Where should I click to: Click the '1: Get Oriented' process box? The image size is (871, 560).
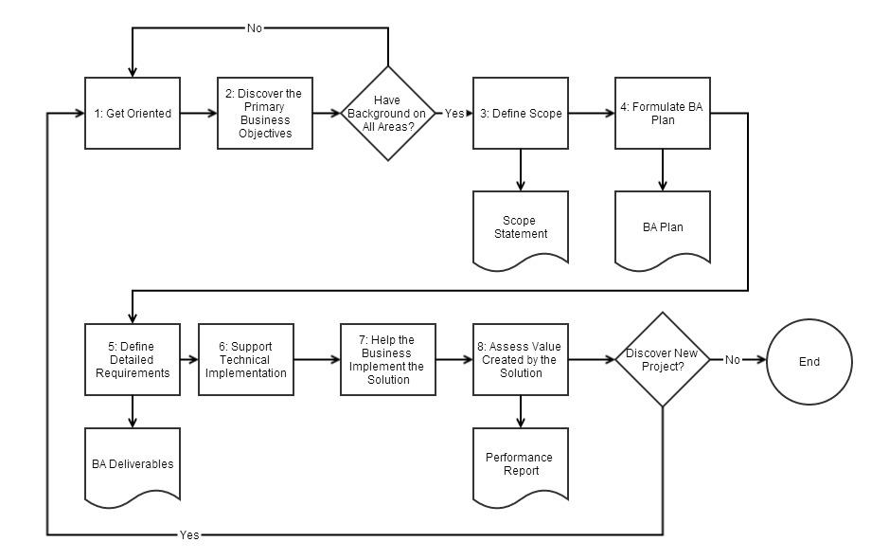tap(133, 114)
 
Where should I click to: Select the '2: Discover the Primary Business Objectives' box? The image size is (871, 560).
tap(265, 114)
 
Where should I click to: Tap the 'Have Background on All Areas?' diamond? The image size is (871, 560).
tap(388, 114)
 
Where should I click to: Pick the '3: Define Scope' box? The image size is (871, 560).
tap(521, 114)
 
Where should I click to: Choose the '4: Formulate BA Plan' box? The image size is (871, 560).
tap(663, 114)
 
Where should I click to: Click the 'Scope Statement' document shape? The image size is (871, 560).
tap(521, 226)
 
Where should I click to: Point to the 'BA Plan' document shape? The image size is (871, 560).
tap(663, 227)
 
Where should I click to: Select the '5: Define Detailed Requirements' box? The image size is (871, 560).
tap(133, 360)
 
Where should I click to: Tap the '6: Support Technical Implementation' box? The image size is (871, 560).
tap(246, 360)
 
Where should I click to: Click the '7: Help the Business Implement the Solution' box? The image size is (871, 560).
tap(388, 360)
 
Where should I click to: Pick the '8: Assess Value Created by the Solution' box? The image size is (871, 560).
tap(521, 360)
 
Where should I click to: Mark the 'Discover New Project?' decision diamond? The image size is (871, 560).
tap(662, 360)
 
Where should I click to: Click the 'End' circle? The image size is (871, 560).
tap(809, 361)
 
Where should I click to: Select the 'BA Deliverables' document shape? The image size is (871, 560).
tap(133, 463)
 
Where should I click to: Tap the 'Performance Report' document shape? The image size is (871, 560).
tap(520, 463)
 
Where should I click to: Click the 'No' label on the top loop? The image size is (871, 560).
tap(255, 28)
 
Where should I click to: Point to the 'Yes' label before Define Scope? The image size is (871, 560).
tap(454, 114)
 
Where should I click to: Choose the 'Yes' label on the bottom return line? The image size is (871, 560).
tap(189, 535)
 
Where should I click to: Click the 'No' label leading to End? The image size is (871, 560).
tap(733, 360)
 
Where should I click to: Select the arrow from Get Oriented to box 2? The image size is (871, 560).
tap(199, 114)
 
